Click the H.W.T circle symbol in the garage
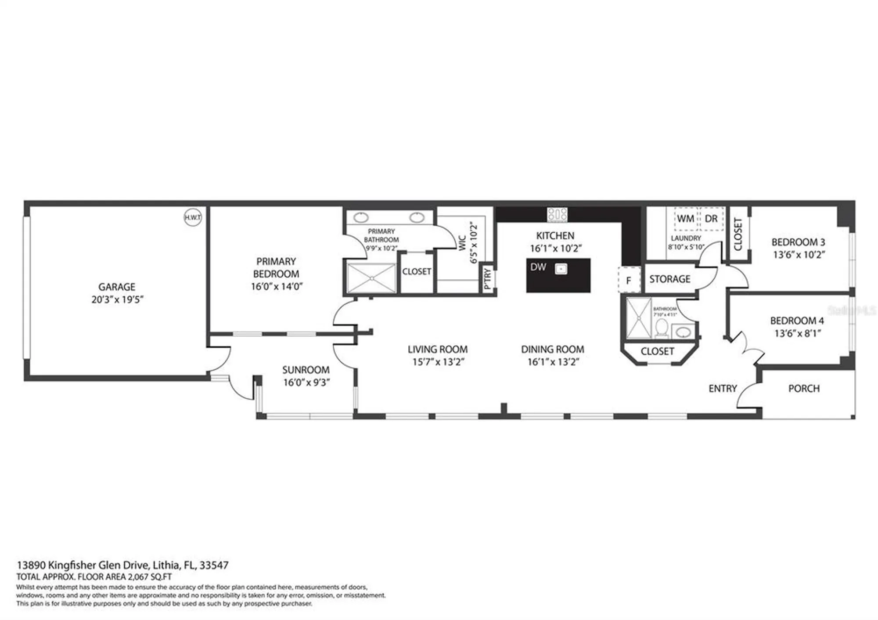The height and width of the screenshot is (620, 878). [x=193, y=217]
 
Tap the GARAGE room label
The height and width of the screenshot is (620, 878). [x=117, y=287]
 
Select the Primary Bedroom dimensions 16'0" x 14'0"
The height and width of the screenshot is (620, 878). [x=277, y=287]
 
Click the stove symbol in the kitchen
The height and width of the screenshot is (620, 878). [x=557, y=215]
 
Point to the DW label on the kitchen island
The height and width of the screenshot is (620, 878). [x=538, y=267]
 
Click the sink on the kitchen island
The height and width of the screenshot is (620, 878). [x=561, y=269]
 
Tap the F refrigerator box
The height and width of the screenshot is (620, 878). [x=629, y=280]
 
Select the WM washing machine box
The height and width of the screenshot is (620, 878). [x=685, y=219]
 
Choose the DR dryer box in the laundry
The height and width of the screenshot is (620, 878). [x=711, y=219]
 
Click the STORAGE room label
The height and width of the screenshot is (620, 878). [x=669, y=279]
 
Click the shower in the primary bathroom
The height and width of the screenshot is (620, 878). [x=371, y=278]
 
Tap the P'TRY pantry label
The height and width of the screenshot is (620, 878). [x=487, y=278]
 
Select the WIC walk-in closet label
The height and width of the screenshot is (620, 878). [x=462, y=243]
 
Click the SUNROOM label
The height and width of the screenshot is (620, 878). [x=306, y=370]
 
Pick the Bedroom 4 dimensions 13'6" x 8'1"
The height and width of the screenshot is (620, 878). [x=798, y=333]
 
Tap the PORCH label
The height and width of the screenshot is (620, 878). [x=804, y=389]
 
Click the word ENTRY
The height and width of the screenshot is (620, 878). [x=723, y=389]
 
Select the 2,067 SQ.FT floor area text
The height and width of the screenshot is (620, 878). [x=149, y=577]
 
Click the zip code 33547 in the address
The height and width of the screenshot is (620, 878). [x=214, y=565]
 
